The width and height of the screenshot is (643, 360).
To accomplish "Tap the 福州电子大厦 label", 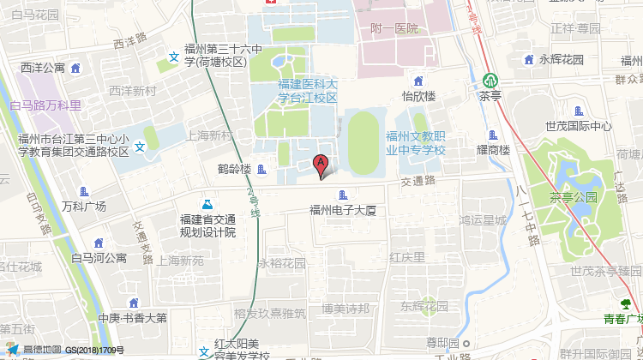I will tap(343, 209).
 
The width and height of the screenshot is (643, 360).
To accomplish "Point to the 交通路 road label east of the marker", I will tap(418, 181).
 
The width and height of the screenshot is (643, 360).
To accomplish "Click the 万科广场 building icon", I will tap(84, 191).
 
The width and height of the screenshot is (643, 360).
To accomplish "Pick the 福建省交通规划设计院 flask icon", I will tap(206, 205).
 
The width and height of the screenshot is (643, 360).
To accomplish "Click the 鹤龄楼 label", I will tap(235, 169).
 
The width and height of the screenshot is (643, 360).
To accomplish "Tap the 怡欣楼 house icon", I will tap(419, 80).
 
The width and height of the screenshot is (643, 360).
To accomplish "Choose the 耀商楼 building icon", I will tap(492, 135).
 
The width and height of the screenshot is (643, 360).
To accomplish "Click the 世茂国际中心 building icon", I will tap(578, 111).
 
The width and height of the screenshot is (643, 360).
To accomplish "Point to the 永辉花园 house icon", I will tap(527, 60).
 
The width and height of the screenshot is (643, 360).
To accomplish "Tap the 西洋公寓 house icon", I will tap(75, 68).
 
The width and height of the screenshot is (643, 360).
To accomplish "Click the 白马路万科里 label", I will tap(45, 105).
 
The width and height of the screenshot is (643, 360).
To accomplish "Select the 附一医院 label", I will tap(394, 28).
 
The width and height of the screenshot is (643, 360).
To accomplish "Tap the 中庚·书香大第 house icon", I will tap(131, 303).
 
